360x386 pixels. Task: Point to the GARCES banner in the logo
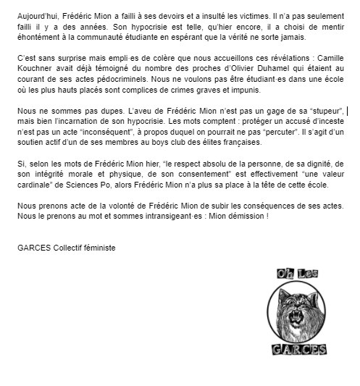[x=299, y=350]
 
